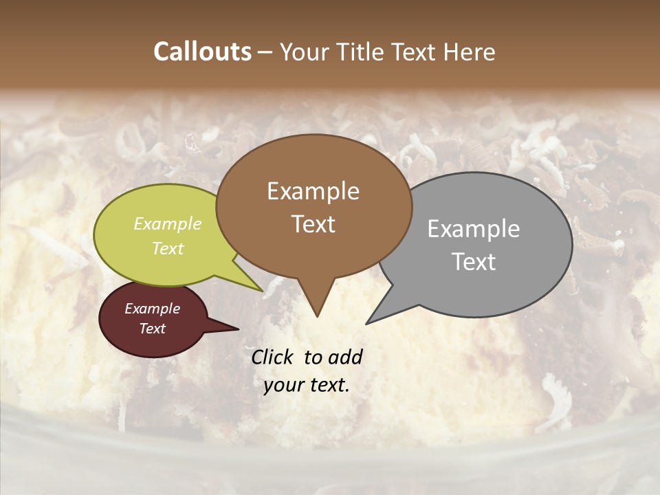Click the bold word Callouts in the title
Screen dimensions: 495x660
(x=202, y=52)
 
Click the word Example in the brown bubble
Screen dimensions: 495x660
(x=313, y=191)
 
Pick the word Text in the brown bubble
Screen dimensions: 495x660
(x=313, y=224)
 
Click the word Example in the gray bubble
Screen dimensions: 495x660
(x=474, y=229)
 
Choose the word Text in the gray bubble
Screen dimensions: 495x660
(x=474, y=262)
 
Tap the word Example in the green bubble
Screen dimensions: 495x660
(x=168, y=223)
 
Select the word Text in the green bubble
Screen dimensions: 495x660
(x=168, y=248)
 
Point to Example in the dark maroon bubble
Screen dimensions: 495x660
(x=152, y=309)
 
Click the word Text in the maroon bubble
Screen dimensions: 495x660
(x=152, y=329)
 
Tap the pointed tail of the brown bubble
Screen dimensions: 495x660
(x=317, y=308)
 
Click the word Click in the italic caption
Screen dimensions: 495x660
(x=274, y=357)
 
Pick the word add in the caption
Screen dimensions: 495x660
(x=345, y=357)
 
